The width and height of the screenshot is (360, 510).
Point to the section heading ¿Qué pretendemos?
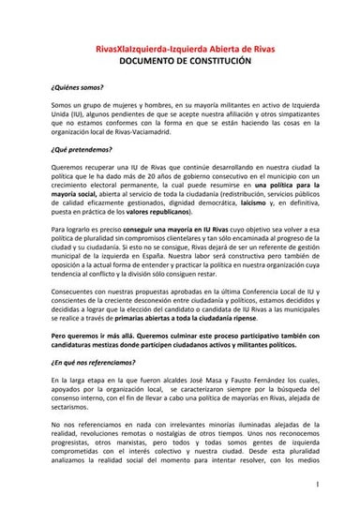(x=82, y=150)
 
